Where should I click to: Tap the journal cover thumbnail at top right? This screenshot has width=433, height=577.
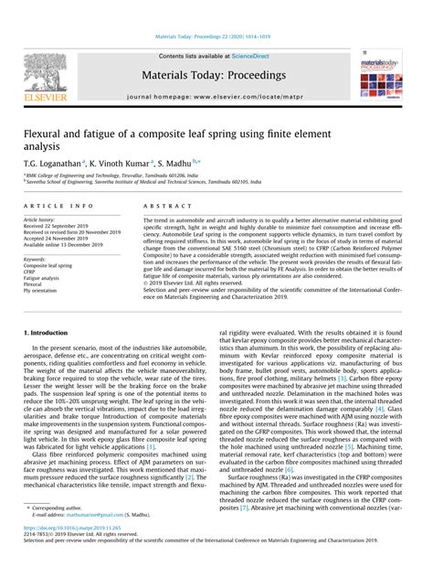tap(380, 73)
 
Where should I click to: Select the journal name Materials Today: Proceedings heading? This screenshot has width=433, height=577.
tap(216, 72)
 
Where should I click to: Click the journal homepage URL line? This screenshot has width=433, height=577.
tap(216, 94)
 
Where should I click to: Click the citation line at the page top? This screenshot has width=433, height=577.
tap(216, 38)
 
